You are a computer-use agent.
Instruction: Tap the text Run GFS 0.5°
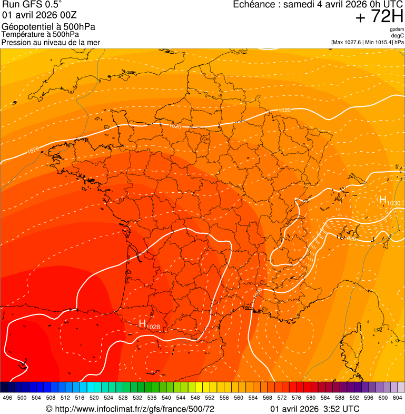(32, 5)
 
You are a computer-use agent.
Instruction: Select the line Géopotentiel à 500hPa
(48, 27)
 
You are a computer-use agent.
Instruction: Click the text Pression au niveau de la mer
(51, 42)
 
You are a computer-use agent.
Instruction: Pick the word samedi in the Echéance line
(301, 5)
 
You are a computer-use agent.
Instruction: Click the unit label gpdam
(397, 30)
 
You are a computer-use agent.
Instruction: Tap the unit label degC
(398, 36)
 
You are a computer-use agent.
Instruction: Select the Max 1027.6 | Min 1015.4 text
(367, 42)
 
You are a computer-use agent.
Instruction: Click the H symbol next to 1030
(383, 199)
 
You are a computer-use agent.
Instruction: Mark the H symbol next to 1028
(142, 323)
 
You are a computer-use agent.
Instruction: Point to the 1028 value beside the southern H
(153, 328)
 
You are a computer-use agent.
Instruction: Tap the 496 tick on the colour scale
(7, 398)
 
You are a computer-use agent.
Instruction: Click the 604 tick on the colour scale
(398, 398)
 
